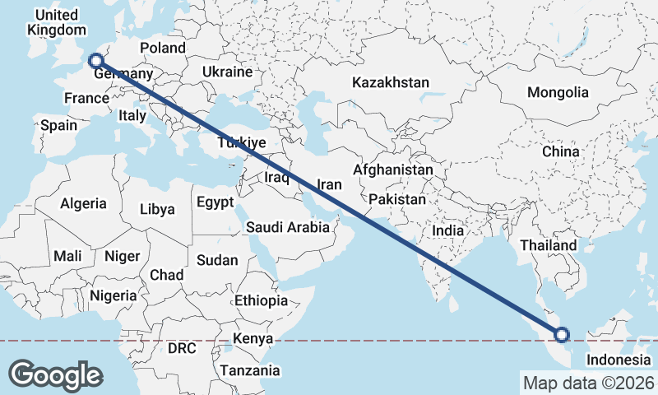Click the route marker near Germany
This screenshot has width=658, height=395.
[95, 60]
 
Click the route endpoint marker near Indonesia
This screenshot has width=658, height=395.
[562, 334]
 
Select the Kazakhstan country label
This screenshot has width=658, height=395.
[391, 82]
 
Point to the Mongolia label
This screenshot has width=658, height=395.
[558, 92]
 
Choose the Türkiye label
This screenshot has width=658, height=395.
[241, 143]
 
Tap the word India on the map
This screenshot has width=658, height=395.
[448, 231]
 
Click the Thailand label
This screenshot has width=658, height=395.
[549, 245]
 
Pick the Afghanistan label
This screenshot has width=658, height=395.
[392, 170]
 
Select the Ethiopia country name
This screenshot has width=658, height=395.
[261, 300]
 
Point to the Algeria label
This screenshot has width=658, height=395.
[84, 202]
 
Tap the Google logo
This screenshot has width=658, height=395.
[56, 375]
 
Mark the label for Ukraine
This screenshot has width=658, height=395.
[226, 72]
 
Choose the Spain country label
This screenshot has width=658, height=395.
[58, 126]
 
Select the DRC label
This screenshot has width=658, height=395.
[181, 348]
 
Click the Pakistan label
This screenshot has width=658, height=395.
[397, 199]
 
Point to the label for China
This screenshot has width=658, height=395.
[560, 152]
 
